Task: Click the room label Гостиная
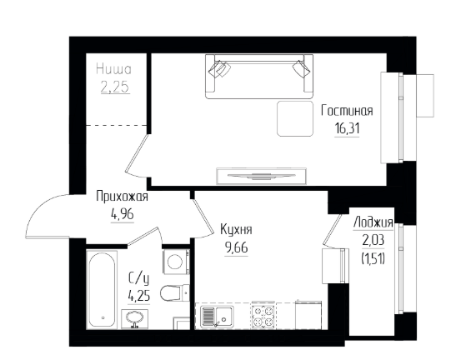point(347,111)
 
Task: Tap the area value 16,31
point(347,128)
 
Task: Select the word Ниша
point(114,69)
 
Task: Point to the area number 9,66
point(236,248)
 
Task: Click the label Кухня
point(236,230)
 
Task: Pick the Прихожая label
point(122,197)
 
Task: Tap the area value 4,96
point(123,215)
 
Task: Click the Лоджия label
point(373,222)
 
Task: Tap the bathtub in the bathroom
point(102,289)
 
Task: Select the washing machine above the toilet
point(176,262)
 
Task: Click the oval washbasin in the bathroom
point(134,318)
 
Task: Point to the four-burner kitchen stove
point(263,316)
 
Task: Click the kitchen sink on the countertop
point(217,317)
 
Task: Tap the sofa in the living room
point(259,77)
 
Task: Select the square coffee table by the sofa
point(295,118)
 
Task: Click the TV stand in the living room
point(262,176)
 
